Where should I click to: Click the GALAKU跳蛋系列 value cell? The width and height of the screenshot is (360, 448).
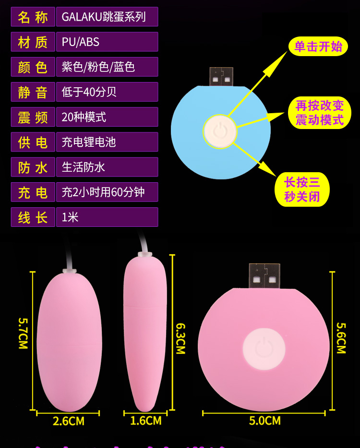tap(107, 17)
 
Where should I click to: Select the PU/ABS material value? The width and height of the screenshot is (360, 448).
tap(107, 42)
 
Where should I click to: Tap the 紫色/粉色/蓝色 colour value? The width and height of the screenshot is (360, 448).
tap(107, 67)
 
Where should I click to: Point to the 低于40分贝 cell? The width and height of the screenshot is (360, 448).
tap(107, 92)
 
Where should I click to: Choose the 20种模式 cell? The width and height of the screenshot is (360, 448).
tap(107, 117)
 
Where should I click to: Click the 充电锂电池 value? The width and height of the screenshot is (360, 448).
tap(107, 142)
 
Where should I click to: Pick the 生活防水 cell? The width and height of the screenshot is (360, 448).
tap(107, 167)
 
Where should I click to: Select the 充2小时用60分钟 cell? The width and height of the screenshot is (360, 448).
tap(107, 192)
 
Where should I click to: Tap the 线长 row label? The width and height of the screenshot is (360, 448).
tap(33, 217)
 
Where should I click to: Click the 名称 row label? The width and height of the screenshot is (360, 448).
tap(33, 17)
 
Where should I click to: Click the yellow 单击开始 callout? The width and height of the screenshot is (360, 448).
tap(318, 47)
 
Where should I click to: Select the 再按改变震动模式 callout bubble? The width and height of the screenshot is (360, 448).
tap(319, 113)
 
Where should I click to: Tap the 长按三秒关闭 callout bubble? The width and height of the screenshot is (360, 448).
tap(302, 189)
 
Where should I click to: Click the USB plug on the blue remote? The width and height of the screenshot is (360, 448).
tap(221, 77)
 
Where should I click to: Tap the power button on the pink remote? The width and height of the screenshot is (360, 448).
tap(264, 349)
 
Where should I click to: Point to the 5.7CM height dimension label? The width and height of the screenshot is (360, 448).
tap(23, 333)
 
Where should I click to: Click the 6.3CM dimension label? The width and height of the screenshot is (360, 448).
tap(180, 338)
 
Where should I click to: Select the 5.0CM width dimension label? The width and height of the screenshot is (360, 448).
tap(264, 421)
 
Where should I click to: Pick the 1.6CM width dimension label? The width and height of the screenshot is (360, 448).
tap(146, 421)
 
